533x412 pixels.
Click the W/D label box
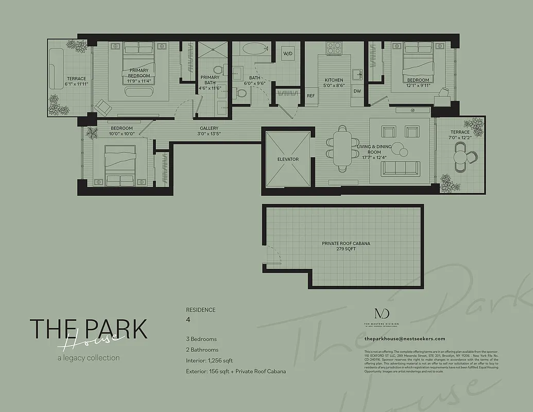coord(287,54)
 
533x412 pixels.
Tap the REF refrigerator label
coord(311,96)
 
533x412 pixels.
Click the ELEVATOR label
coord(288,160)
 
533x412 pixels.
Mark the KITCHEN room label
coord(334,83)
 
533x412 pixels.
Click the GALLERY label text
coord(209,131)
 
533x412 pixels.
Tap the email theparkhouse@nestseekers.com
coord(404,339)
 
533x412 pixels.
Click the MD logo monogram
coord(382,314)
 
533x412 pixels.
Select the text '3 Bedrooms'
coord(201,339)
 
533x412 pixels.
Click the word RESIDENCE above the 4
coord(201,310)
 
